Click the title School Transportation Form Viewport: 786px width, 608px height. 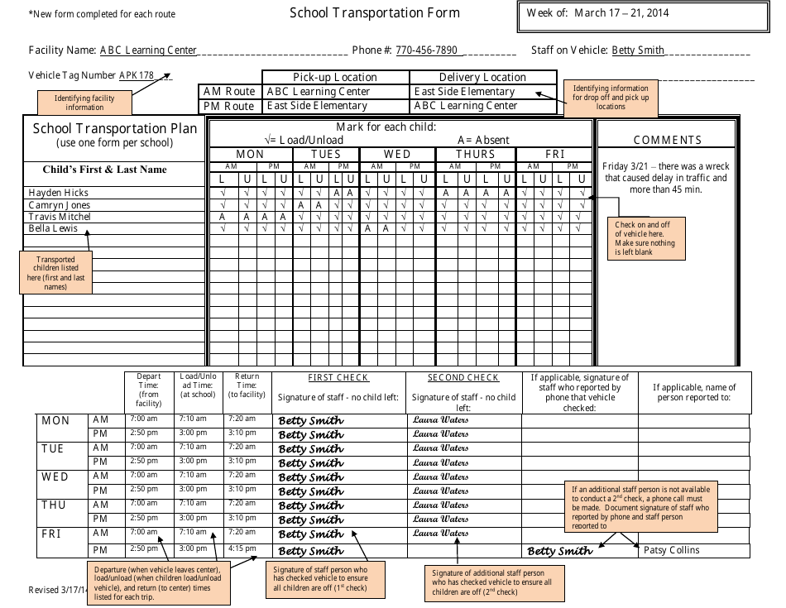tap(374, 13)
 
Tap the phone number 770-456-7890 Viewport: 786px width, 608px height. tap(426, 50)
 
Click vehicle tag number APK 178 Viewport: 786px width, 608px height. tap(137, 75)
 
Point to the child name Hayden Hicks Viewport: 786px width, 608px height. tap(59, 193)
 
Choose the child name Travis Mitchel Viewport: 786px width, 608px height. tap(60, 217)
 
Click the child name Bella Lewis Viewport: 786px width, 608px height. tap(53, 228)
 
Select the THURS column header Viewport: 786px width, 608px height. tap(476, 155)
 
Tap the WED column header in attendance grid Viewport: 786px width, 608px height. tap(397, 155)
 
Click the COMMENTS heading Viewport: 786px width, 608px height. tap(667, 141)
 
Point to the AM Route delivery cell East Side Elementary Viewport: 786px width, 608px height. tap(464, 92)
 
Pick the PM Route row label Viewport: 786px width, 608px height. tap(229, 106)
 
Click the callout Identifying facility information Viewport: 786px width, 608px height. tap(84, 103)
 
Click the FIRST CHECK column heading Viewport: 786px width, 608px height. tap(338, 378)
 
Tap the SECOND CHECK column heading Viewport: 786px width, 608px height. tap(462, 378)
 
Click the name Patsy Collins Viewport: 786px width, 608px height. tap(671, 550)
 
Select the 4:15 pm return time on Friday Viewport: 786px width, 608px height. tap(242, 548)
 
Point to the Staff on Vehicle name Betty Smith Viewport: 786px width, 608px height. tap(638, 50)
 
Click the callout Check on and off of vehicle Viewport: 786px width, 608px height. tap(645, 238)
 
